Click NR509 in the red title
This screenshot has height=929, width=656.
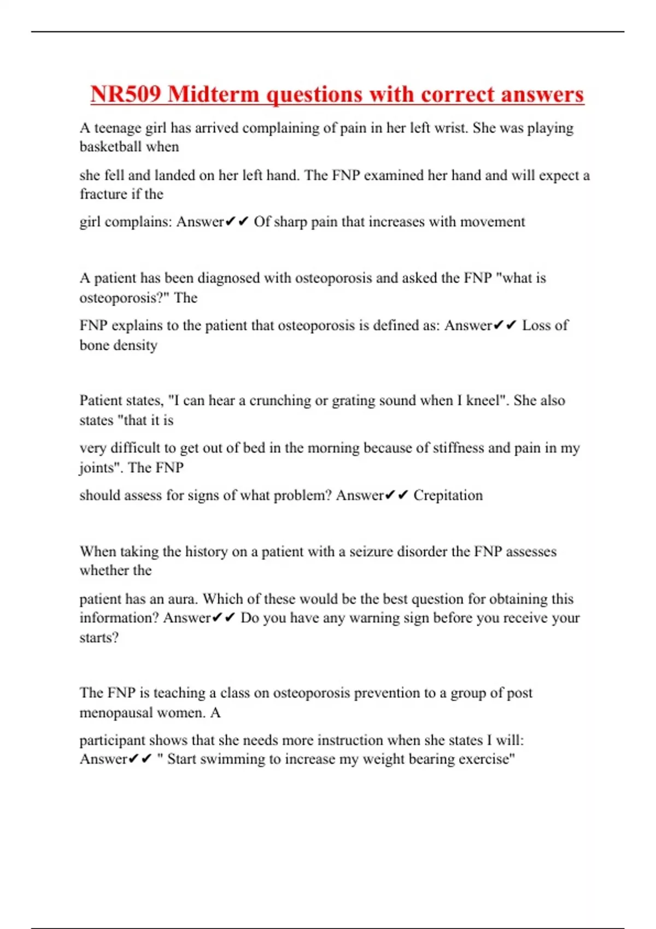[126, 95]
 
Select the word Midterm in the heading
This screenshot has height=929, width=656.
[214, 95]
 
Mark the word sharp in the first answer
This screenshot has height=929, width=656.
[291, 222]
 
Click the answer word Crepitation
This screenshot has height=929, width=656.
[448, 496]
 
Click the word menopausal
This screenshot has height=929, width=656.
[116, 713]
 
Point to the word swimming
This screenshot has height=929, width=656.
[232, 760]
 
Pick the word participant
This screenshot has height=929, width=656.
[112, 741]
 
